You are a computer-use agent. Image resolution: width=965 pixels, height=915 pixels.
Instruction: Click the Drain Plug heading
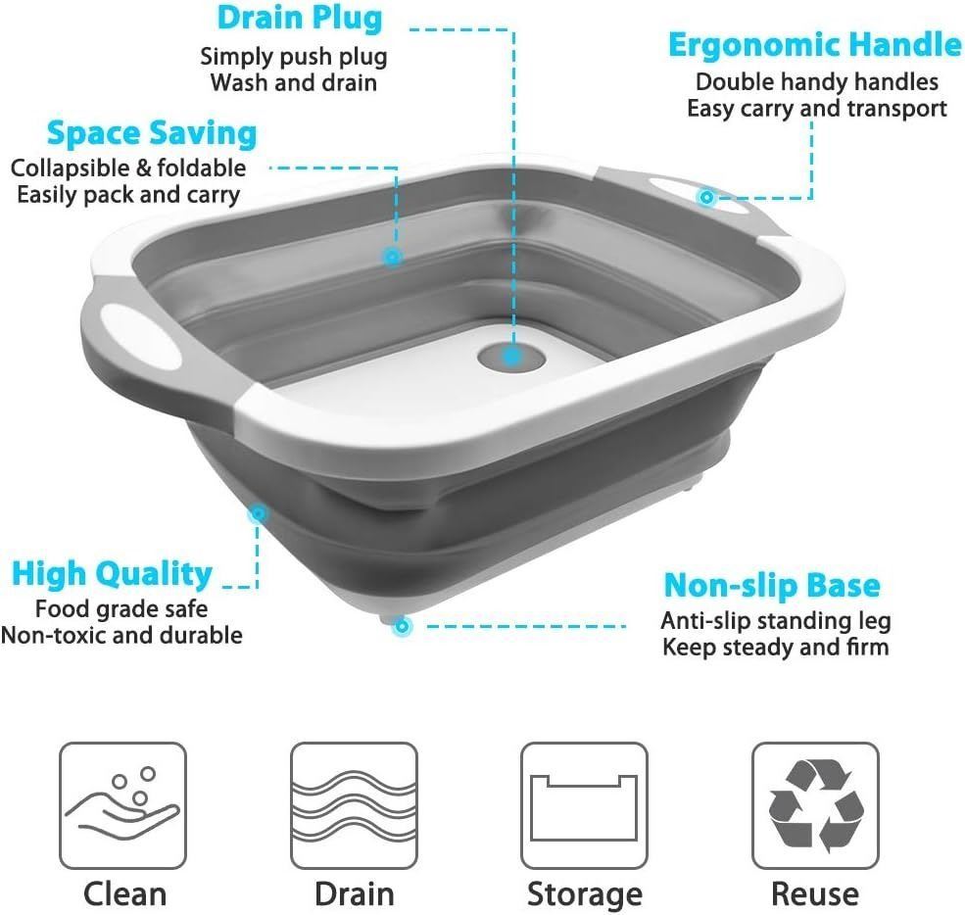pos(300,19)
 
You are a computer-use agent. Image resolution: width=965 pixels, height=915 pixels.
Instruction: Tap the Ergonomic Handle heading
pos(814,45)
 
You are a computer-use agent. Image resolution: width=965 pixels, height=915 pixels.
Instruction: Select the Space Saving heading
pos(152,133)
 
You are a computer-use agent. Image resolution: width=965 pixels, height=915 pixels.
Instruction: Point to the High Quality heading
pos(112,574)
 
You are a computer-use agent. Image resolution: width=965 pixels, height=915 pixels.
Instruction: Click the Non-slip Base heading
pos(772,585)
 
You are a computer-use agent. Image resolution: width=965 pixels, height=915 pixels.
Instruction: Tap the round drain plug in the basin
pos(511,357)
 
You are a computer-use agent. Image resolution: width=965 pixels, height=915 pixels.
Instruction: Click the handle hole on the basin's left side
pos(141,336)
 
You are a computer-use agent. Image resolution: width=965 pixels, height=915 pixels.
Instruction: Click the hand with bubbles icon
pos(122,805)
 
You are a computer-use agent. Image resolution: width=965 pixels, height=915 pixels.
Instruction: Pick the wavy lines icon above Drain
pos(354,805)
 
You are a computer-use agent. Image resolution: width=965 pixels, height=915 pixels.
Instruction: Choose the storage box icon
pos(584,805)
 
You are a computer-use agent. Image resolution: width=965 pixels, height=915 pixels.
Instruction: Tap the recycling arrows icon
pos(815,805)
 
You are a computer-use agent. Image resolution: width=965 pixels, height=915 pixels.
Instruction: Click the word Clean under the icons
pos(125,894)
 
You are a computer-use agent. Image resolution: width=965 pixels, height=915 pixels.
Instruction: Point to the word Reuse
pos(815,894)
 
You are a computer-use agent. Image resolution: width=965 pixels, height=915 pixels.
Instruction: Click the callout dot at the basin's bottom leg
pos(402,626)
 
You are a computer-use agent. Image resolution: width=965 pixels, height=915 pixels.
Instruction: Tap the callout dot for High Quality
pos(259,512)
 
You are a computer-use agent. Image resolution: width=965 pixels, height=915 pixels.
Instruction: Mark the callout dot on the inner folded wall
pos(392,256)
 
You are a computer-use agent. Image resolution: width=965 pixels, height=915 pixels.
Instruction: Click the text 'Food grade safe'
pos(121,608)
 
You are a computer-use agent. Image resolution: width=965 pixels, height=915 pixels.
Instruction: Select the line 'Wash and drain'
pos(294,82)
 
